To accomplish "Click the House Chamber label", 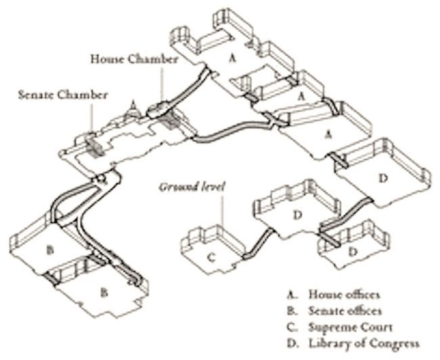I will pos(135,60).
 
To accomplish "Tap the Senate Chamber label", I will pos(62,94).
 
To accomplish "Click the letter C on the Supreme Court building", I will pos(211,256).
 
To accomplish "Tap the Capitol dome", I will pos(133,106).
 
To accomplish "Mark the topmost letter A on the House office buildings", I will pos(232,59).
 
